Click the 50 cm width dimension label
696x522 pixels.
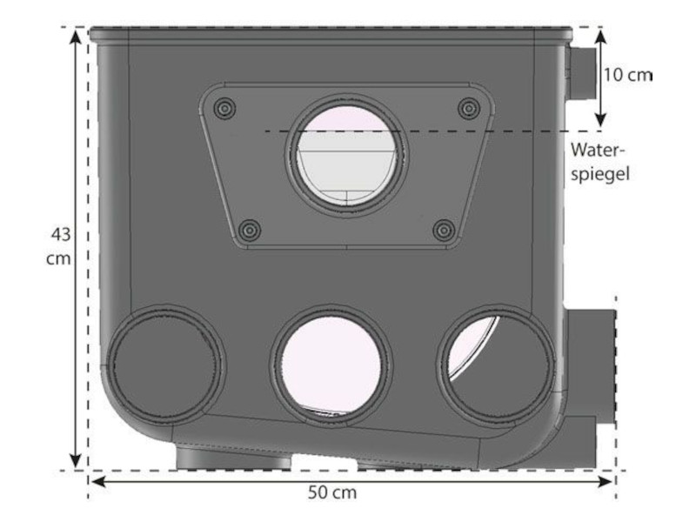point(332,492)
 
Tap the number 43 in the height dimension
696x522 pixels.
point(60,234)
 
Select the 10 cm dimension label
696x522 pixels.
point(627,75)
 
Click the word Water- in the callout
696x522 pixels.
point(598,150)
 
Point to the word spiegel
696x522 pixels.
point(600,173)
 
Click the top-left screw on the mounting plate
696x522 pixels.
point(224,108)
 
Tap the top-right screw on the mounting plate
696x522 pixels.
point(469,108)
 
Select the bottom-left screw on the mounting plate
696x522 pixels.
point(250,230)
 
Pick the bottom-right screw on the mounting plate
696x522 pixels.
point(444,230)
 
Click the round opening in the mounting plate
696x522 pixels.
point(346,155)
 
